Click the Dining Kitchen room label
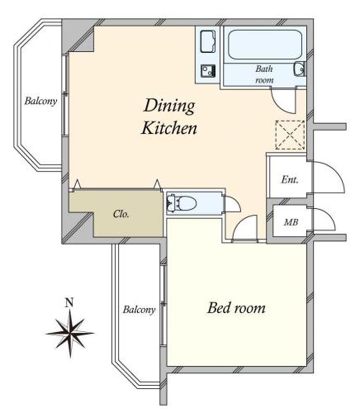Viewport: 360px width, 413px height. tap(169, 117)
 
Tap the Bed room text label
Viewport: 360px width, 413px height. tap(236, 308)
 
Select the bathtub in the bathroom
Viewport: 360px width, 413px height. tap(265, 45)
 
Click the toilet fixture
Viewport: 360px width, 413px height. tap(182, 204)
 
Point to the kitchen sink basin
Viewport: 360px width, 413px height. tap(208, 41)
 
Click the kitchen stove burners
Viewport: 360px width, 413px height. tap(208, 71)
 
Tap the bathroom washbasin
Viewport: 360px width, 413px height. tap(299, 69)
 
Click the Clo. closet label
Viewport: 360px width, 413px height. tap(121, 214)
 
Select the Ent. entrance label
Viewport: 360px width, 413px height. tap(290, 180)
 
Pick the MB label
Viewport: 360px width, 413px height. tap(291, 222)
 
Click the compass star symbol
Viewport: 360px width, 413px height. tap(70, 333)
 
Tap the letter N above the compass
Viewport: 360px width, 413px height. tap(69, 303)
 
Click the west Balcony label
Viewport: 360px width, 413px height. tap(40, 101)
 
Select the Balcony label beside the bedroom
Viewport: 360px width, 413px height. tap(140, 310)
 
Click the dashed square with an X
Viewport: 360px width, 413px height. tap(290, 135)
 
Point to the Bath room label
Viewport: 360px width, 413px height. tap(264, 74)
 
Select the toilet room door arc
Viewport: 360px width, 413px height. tap(236, 200)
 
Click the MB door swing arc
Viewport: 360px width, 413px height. tap(329, 216)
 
